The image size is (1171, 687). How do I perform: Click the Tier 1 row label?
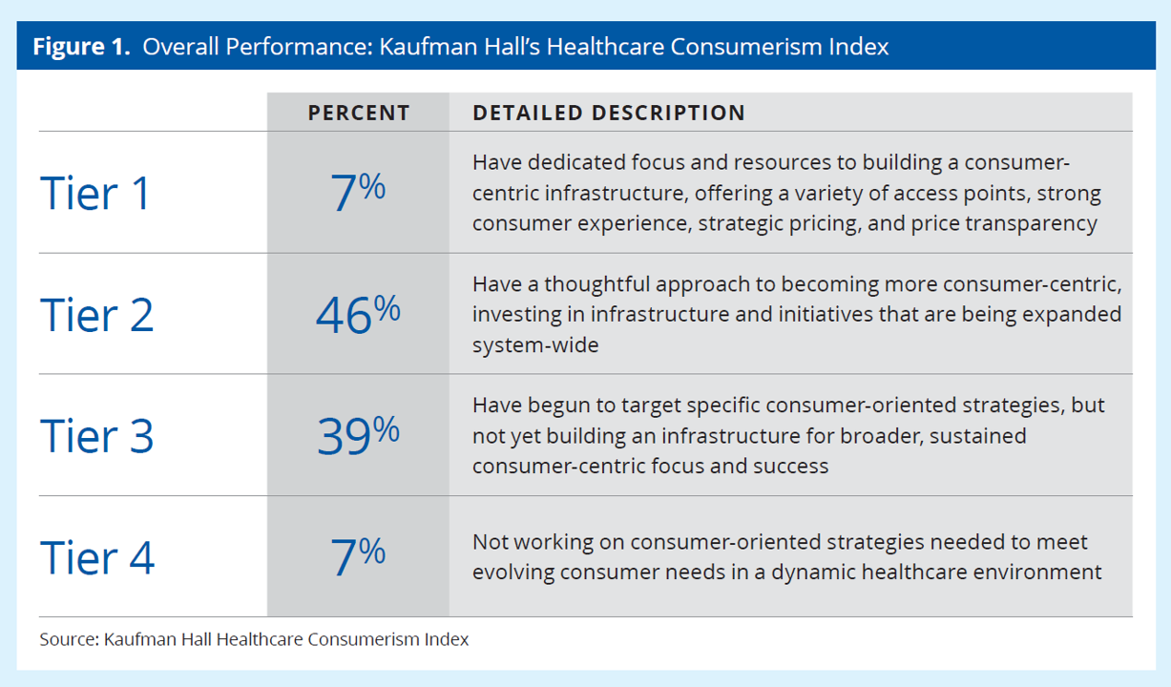(x=95, y=193)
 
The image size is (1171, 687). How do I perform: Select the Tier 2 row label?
(x=96, y=314)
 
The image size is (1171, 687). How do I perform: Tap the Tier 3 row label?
(x=96, y=435)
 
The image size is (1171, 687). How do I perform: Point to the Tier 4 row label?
(x=96, y=557)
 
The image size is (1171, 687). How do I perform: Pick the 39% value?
(x=358, y=436)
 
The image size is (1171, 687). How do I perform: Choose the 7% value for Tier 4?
(x=358, y=557)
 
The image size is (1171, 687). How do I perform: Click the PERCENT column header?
(x=358, y=113)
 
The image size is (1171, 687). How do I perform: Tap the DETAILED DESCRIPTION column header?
(x=609, y=113)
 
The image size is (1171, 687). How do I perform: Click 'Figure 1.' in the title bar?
(x=81, y=47)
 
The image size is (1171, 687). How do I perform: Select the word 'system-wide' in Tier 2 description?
(x=535, y=344)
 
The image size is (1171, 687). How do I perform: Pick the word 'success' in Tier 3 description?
(x=794, y=466)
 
